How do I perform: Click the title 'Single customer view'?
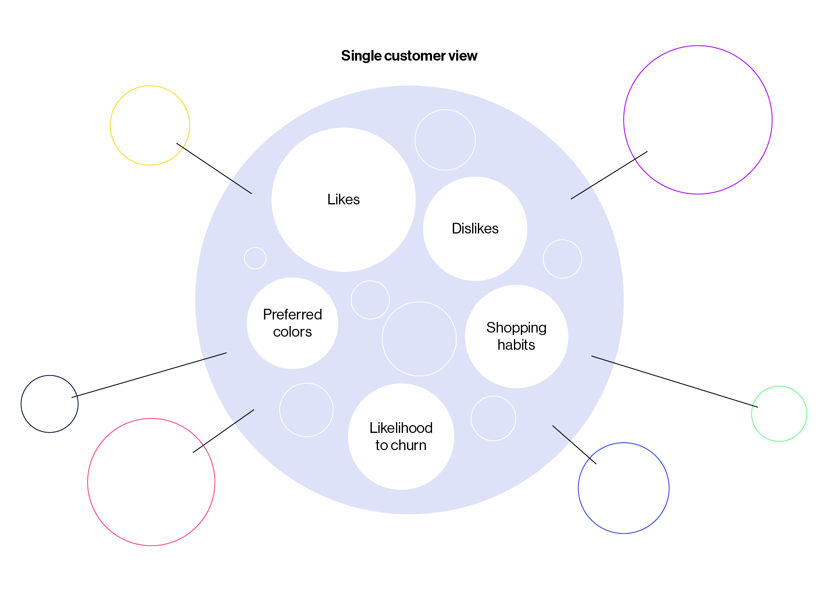[x=409, y=56]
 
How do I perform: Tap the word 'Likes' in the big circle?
[x=343, y=199]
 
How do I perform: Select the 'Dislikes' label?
[x=475, y=229]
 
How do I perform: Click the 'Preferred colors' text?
[x=292, y=323]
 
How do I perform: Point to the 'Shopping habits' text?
[x=516, y=336]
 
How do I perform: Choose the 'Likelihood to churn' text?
[x=401, y=437]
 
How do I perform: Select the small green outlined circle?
[x=779, y=414]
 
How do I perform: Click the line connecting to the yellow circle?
[x=214, y=168]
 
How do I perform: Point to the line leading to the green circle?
[x=674, y=382]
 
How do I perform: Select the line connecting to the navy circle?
[x=149, y=375]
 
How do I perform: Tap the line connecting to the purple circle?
[x=609, y=175]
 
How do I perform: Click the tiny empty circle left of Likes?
[x=255, y=258]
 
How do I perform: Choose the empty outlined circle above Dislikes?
[x=445, y=140]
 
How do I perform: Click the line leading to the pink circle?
[x=224, y=431]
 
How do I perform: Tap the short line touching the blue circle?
[x=574, y=444]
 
